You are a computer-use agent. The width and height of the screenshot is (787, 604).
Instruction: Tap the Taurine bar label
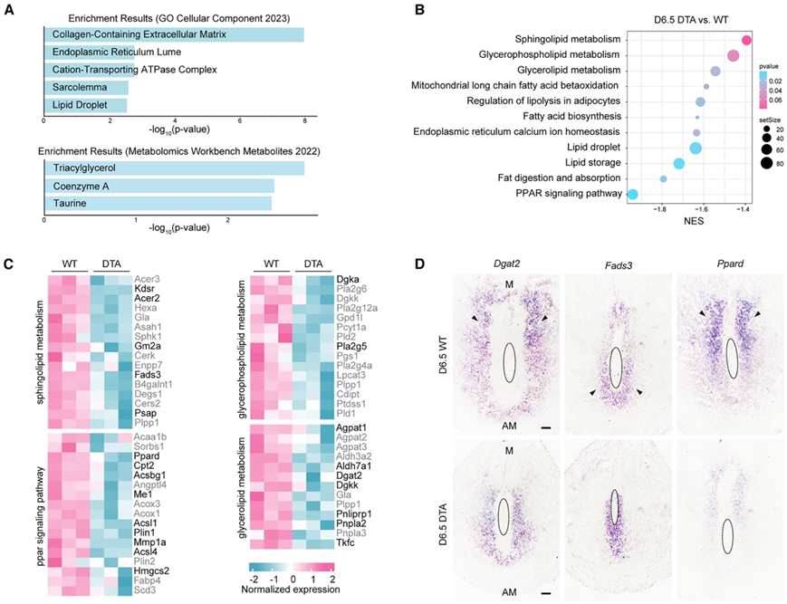(70, 203)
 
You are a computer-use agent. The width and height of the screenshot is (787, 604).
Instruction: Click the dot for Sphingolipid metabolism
(746, 40)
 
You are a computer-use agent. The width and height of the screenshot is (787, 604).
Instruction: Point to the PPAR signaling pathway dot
(632, 194)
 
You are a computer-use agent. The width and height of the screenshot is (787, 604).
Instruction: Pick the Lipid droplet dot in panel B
(696, 148)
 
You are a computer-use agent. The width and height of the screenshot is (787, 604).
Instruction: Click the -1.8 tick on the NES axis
(662, 208)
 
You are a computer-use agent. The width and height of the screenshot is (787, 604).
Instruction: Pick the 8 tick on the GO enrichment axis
(304, 120)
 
